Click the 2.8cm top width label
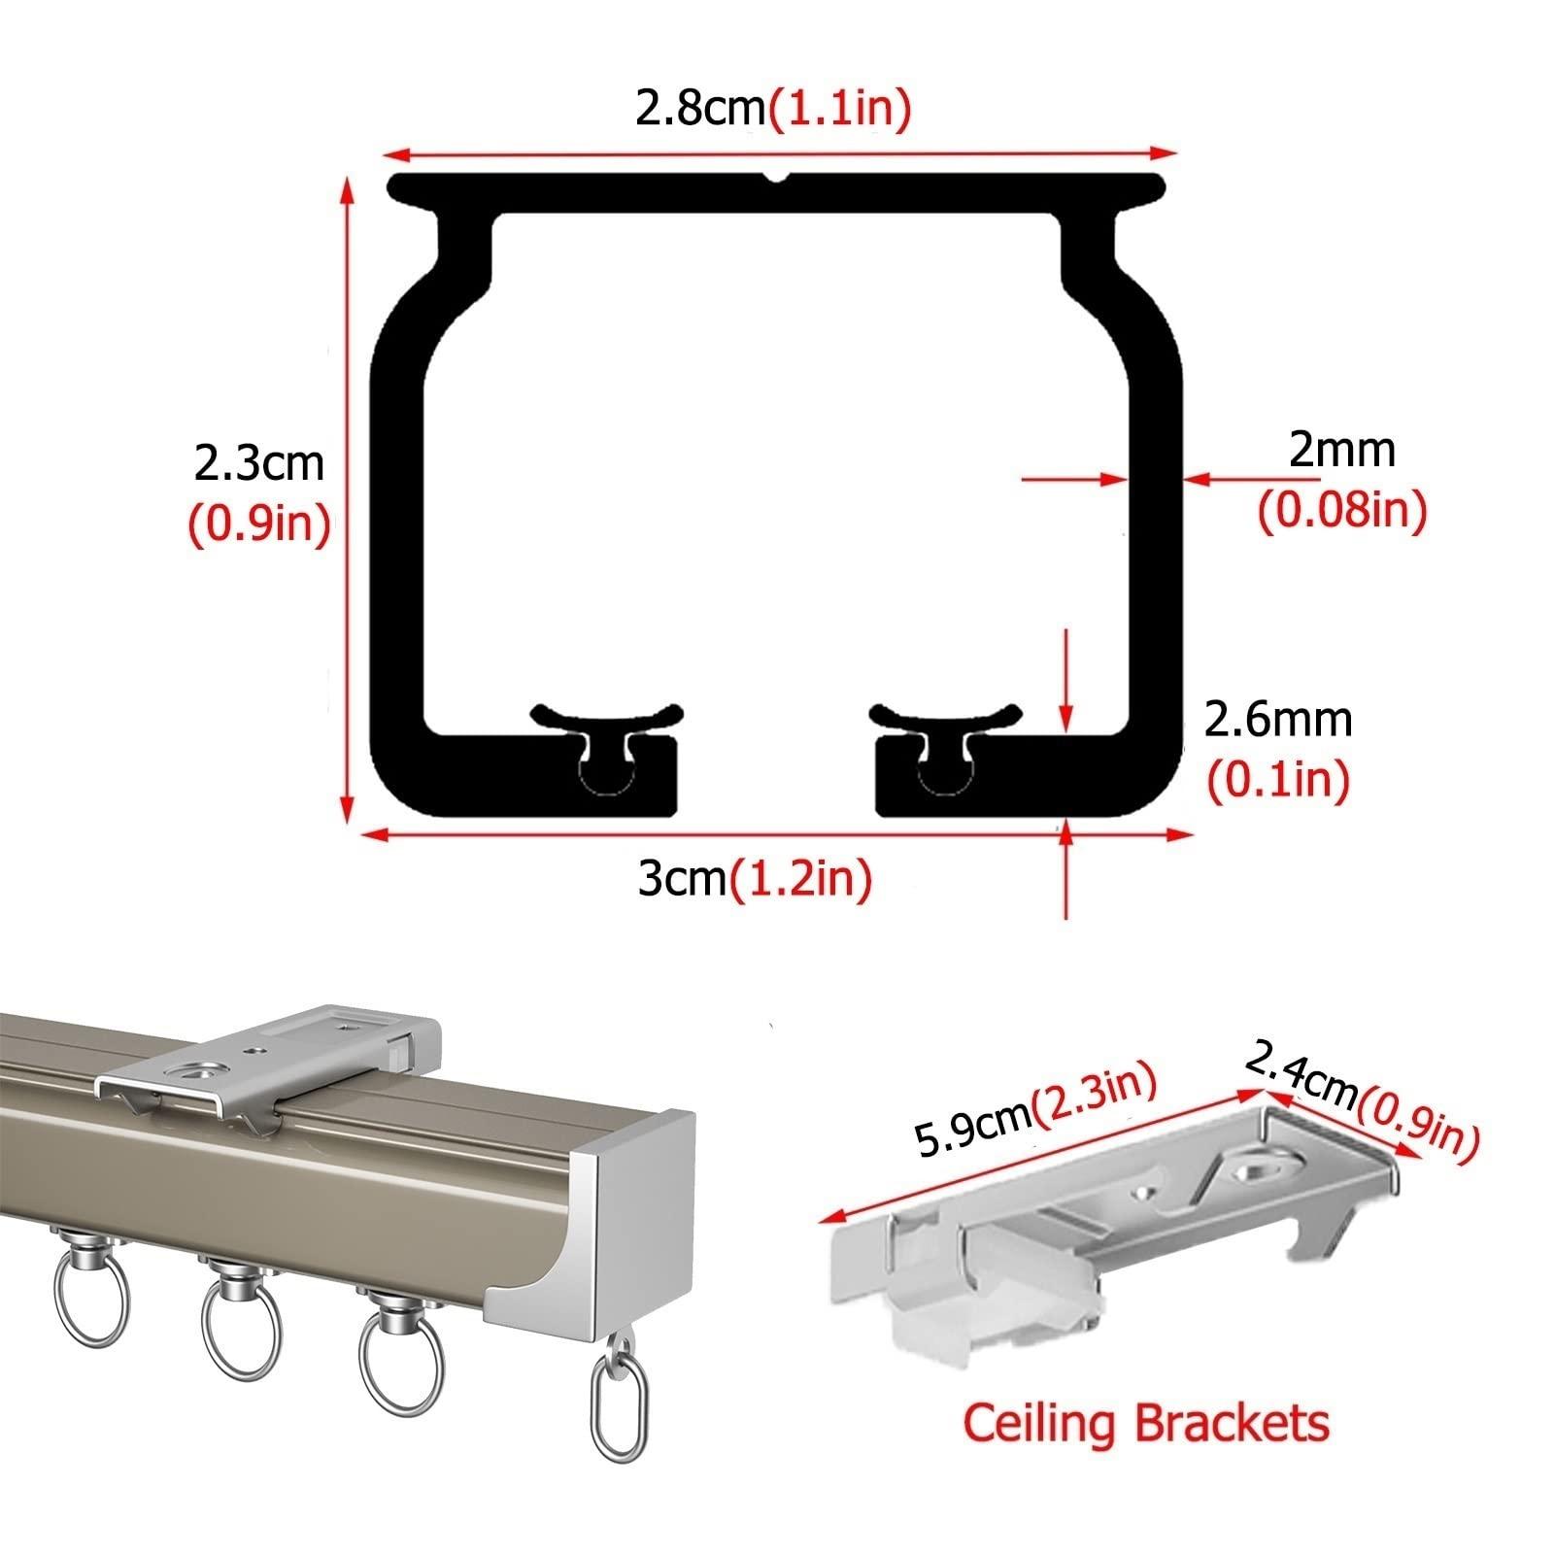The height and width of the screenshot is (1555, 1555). [x=701, y=109]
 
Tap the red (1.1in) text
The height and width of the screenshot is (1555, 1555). [x=840, y=109]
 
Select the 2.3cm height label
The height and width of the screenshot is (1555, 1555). [x=258, y=463]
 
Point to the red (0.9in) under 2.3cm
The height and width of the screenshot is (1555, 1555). [x=258, y=524]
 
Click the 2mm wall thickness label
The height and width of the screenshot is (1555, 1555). [x=1341, y=450]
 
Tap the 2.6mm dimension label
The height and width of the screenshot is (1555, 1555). [x=1277, y=720]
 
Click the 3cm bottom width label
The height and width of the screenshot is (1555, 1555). [x=682, y=879]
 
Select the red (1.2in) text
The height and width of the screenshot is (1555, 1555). [x=801, y=879]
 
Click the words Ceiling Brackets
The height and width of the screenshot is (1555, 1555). [x=1145, y=1423]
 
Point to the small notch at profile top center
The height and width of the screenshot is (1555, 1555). [x=775, y=178]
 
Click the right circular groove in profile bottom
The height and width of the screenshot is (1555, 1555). [x=945, y=774]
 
